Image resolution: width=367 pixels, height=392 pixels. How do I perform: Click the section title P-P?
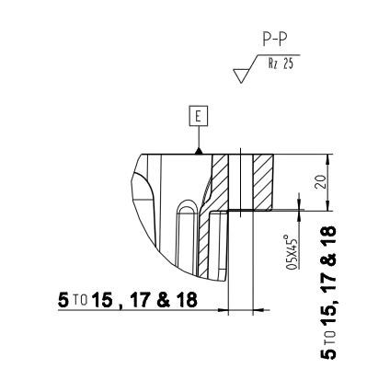(275, 40)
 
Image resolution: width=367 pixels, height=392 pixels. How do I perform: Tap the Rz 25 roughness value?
(281, 63)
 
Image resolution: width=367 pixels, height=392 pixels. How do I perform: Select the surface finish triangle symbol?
(242, 75)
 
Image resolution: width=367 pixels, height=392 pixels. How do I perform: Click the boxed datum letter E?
(199, 116)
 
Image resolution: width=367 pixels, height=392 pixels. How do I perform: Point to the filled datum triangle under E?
(199, 151)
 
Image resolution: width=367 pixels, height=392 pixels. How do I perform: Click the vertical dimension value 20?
(319, 182)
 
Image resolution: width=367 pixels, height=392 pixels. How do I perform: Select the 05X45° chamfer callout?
(292, 252)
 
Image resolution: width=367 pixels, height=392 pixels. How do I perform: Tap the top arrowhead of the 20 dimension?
(328, 158)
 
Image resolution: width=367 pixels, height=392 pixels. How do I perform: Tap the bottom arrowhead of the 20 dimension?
(328, 206)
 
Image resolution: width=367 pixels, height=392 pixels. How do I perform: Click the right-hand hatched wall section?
(263, 182)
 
